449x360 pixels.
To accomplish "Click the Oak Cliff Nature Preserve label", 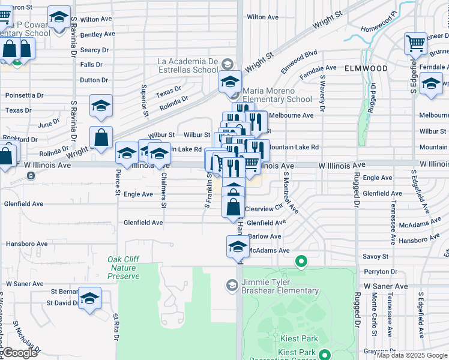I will (x=124, y=268).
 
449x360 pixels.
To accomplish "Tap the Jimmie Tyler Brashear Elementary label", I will (x=280, y=286).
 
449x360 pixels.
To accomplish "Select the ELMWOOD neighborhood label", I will (x=366, y=68).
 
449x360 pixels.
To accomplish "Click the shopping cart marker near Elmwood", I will (x=415, y=43).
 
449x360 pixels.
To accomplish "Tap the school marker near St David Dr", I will (x=90, y=298).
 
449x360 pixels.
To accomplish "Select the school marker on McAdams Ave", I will (x=238, y=246).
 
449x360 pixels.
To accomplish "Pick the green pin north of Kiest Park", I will (x=301, y=262).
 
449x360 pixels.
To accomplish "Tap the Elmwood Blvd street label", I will (x=299, y=61).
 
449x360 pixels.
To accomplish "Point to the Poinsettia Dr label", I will (x=24, y=95).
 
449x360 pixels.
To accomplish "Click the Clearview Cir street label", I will (x=264, y=209).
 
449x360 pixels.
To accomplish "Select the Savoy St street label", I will (x=375, y=256).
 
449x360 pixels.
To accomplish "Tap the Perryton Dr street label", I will (x=376, y=272).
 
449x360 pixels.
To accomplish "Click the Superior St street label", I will (x=145, y=100).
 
